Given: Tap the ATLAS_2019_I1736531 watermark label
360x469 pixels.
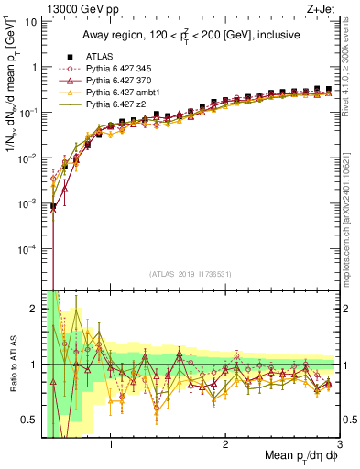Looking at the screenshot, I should pyautogui.click(x=190, y=273).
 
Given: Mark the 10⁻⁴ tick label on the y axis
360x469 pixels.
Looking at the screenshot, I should pyautogui.click(x=27, y=249).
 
